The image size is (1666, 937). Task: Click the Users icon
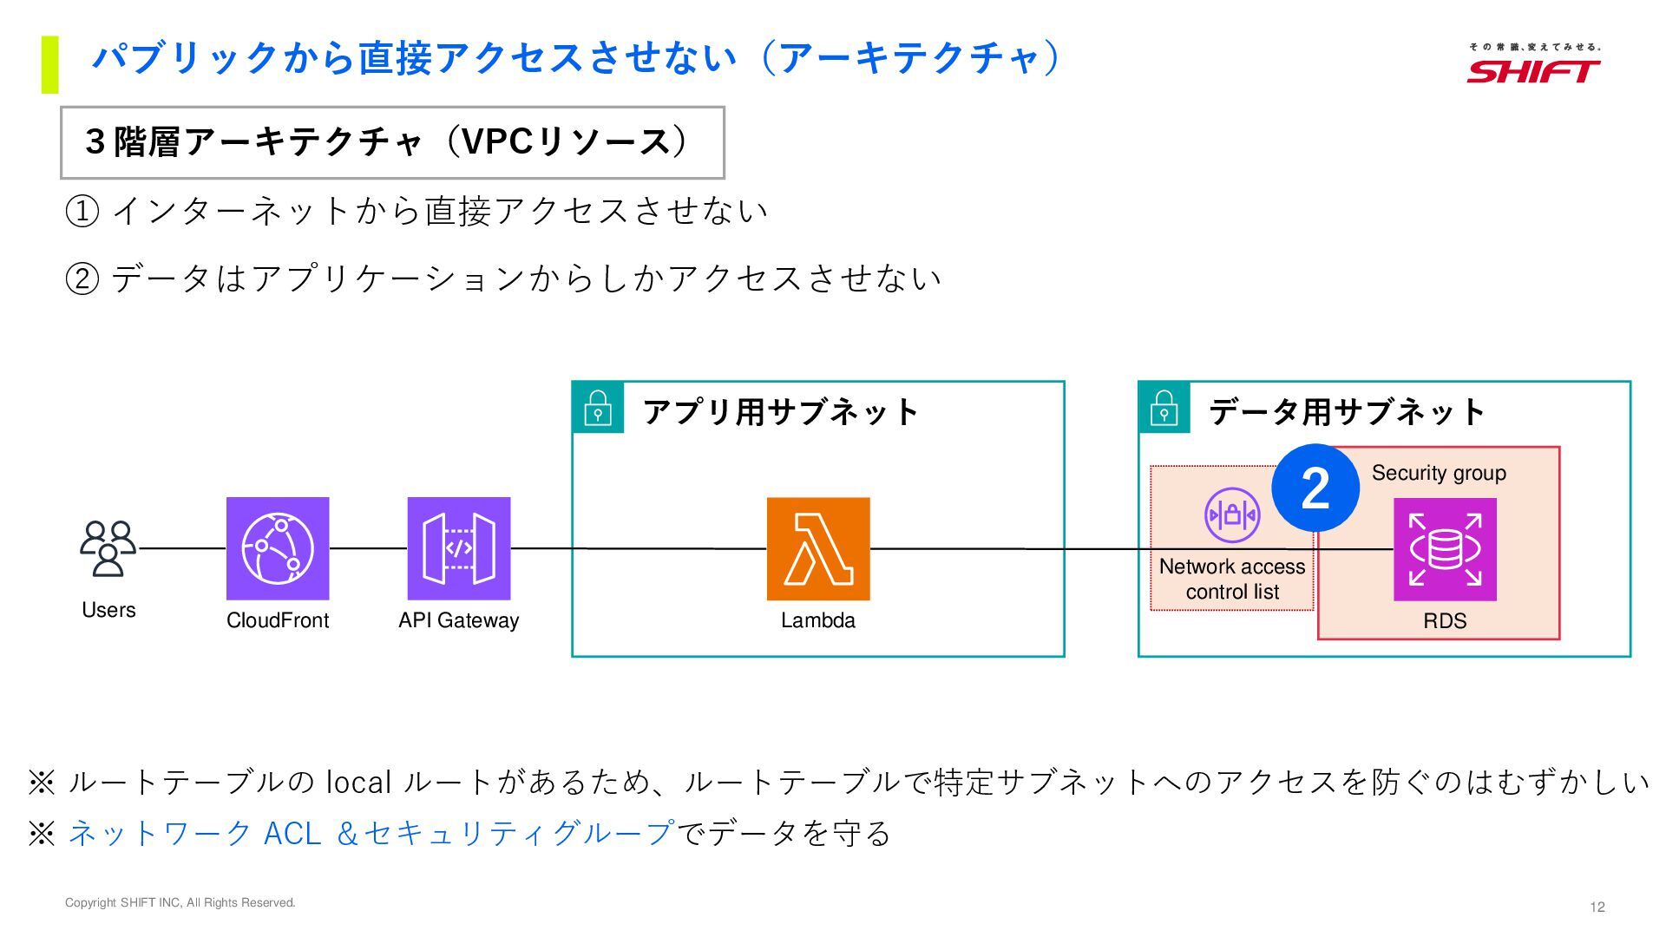(x=108, y=548)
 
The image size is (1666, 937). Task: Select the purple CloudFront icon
(x=278, y=548)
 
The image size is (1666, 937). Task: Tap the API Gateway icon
(x=459, y=548)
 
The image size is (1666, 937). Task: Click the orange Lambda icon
(x=818, y=548)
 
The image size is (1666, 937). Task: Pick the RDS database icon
(x=1445, y=549)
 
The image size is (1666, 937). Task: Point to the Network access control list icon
(x=1232, y=515)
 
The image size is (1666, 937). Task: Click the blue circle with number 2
(x=1315, y=488)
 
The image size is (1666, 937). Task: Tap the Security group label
(x=1439, y=473)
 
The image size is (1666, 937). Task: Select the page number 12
(x=1597, y=907)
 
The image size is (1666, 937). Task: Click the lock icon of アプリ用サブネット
(x=598, y=408)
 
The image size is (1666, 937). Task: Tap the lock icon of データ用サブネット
(x=1164, y=408)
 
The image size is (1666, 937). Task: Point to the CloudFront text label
(x=278, y=620)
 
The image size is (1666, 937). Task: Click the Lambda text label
(x=818, y=620)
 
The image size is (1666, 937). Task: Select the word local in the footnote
(x=358, y=783)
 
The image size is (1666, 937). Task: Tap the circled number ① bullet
(x=82, y=211)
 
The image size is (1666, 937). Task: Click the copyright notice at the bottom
(x=180, y=902)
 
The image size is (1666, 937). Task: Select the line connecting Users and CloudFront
(x=182, y=548)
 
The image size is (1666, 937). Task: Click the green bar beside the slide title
(x=49, y=64)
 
